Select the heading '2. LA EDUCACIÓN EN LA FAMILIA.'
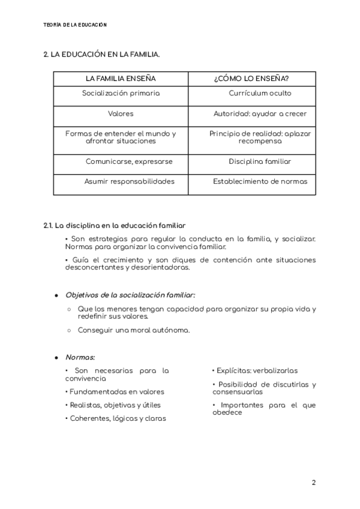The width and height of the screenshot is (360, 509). click(x=101, y=55)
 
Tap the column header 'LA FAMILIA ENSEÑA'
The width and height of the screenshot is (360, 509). click(x=121, y=79)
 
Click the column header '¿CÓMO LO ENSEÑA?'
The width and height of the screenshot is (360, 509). click(x=251, y=79)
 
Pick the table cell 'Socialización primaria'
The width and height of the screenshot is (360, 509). click(x=121, y=94)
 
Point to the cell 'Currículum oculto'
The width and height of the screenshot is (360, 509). click(x=260, y=94)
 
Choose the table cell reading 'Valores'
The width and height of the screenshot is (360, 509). click(x=121, y=113)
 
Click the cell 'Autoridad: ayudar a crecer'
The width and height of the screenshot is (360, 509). click(x=260, y=113)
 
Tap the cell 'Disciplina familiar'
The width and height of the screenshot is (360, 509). click(x=260, y=161)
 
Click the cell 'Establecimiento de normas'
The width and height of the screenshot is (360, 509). click(x=260, y=181)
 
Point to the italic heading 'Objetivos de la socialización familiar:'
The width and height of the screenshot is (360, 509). click(x=130, y=295)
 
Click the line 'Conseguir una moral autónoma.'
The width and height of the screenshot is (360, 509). click(x=134, y=330)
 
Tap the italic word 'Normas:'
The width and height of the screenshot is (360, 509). click(x=80, y=357)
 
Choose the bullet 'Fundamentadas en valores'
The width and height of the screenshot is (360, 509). click(x=115, y=392)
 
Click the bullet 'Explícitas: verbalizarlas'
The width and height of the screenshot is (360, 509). click(x=255, y=371)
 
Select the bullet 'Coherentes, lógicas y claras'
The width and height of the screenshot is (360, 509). click(x=115, y=418)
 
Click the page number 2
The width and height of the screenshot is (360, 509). click(x=313, y=483)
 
